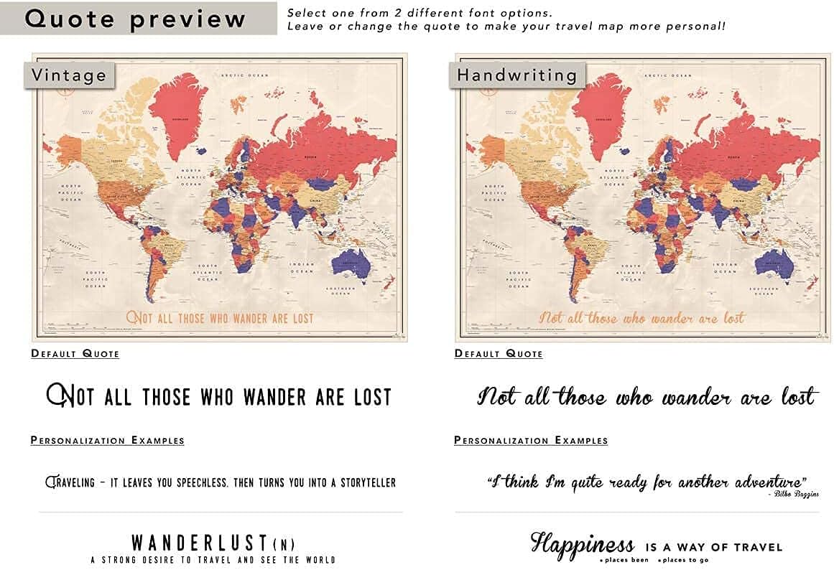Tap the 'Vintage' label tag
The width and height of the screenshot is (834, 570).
coord(69,75)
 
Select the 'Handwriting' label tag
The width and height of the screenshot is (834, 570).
coord(517,75)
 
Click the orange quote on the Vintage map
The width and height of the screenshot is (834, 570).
coord(221,317)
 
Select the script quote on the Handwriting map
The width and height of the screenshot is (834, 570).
coord(642,317)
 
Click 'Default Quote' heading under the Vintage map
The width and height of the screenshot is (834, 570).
coord(75,353)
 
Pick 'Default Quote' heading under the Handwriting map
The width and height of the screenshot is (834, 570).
coord(499,353)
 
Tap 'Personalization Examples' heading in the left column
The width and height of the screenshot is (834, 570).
coord(107,440)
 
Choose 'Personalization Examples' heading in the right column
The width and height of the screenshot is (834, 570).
coord(531,440)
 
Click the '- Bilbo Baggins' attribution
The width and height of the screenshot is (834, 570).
coord(793,494)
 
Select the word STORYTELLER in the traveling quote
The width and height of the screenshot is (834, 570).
coord(363,482)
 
